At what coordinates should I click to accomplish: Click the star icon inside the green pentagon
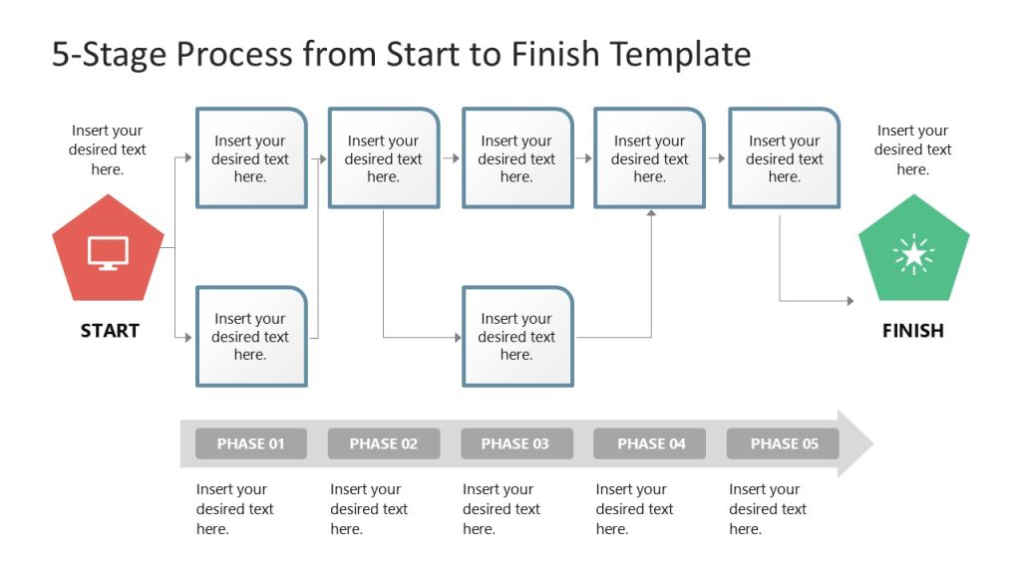pyautogui.click(x=913, y=255)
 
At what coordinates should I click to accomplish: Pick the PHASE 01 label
pyautogui.click(x=250, y=443)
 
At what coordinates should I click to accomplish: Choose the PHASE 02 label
pyautogui.click(x=384, y=443)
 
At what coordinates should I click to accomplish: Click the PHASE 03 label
pyautogui.click(x=515, y=443)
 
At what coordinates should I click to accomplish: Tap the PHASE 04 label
pyautogui.click(x=650, y=443)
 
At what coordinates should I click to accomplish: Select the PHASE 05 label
pyautogui.click(x=784, y=443)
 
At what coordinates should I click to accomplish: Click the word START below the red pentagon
pyautogui.click(x=110, y=331)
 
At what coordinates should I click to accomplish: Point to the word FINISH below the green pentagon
pyautogui.click(x=912, y=331)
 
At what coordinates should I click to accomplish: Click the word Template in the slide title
pyautogui.click(x=682, y=54)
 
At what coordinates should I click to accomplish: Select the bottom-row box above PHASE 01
pyautogui.click(x=251, y=337)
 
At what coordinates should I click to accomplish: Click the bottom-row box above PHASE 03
pyautogui.click(x=516, y=337)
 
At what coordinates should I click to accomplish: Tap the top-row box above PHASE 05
pyautogui.click(x=784, y=158)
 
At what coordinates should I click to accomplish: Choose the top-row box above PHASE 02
pyautogui.click(x=384, y=158)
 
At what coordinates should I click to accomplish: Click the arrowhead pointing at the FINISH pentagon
pyautogui.click(x=850, y=300)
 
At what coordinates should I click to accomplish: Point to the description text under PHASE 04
pyautogui.click(x=634, y=509)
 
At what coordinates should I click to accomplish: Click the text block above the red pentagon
pyautogui.click(x=107, y=149)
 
